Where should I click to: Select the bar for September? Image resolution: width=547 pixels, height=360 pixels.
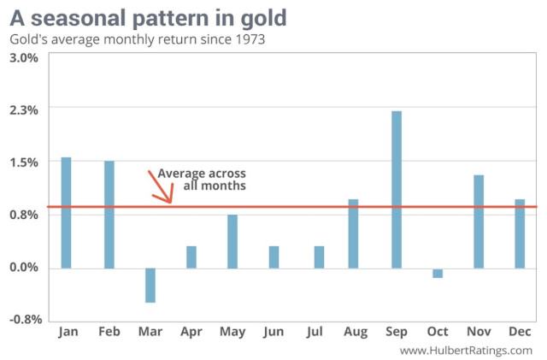397,190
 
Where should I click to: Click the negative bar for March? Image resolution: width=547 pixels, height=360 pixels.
150,285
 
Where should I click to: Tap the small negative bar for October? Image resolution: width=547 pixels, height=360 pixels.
438,273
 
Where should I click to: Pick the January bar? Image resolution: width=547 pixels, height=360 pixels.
67,213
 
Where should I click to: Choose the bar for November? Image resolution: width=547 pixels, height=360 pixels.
479,221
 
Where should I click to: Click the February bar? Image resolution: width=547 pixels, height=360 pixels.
109,215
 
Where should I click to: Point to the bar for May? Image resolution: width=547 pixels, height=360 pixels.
232,241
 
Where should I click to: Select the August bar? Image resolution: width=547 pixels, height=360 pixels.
353,233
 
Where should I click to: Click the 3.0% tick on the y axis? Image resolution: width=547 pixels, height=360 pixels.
24,57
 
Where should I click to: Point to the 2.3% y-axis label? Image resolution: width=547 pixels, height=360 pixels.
24,110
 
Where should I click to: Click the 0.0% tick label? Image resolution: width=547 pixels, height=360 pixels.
24,268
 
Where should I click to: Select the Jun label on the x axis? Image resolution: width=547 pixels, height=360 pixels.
273,332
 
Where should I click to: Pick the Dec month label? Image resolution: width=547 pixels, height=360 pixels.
520,332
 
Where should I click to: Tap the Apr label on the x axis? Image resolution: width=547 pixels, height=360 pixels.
191,332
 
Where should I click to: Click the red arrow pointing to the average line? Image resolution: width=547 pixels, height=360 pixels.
161,187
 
